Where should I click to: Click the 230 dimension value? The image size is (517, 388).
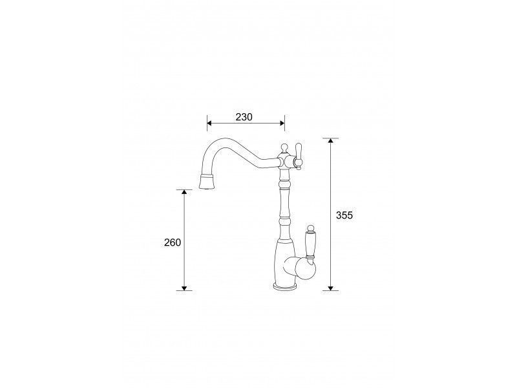244,117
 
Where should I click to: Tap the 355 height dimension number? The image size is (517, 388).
344,215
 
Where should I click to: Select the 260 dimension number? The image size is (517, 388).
173,242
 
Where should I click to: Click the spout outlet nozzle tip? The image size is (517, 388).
207,182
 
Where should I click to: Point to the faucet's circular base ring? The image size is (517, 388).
286,286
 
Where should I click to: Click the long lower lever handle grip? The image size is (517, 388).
310,244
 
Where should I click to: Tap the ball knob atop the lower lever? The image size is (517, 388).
310,228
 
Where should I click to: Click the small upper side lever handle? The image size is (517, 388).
299,156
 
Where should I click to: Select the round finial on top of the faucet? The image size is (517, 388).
284,147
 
